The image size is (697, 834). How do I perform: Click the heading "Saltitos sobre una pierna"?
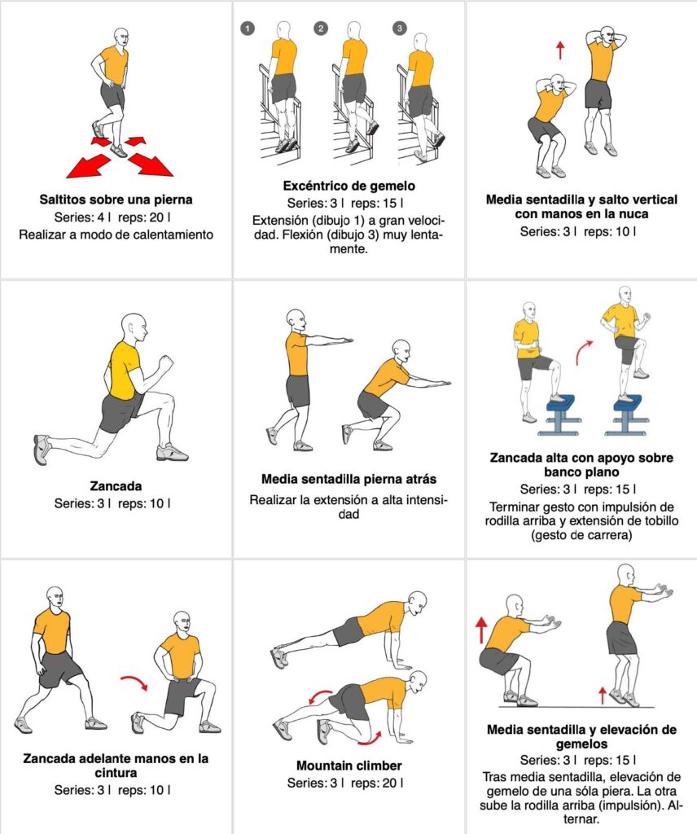(x=116, y=200)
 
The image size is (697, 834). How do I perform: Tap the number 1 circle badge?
(x=248, y=28)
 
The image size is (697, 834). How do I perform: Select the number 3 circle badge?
(x=400, y=28)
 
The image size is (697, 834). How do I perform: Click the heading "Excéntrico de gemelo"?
(x=348, y=186)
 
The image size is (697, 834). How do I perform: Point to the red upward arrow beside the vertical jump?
(x=560, y=50)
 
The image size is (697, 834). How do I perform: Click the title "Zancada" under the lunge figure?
(x=116, y=485)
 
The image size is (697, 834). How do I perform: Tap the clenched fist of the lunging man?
(x=166, y=363)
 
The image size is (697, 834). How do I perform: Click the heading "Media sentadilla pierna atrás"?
(x=348, y=479)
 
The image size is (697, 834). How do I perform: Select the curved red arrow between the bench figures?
(x=584, y=352)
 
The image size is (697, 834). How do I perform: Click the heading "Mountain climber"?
(x=348, y=766)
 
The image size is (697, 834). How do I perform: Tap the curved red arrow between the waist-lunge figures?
(x=134, y=682)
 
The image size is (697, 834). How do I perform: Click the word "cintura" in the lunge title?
(x=116, y=773)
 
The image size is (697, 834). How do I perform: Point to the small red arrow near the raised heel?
(x=602, y=695)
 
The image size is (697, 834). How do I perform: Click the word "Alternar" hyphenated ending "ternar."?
(x=581, y=819)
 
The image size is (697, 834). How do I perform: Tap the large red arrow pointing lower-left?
(x=89, y=165)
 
